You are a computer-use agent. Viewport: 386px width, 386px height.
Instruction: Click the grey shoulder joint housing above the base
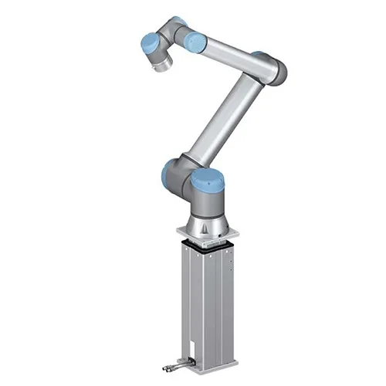[189, 185]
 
